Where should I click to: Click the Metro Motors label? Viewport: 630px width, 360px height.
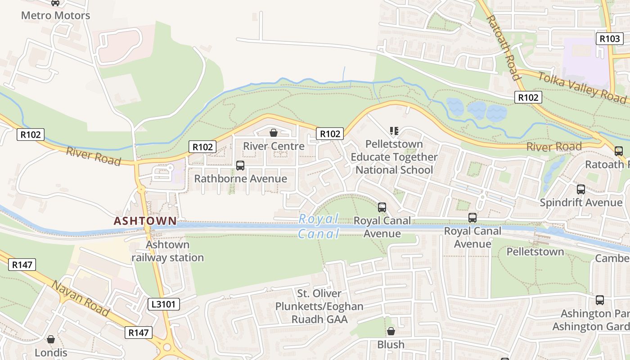55,15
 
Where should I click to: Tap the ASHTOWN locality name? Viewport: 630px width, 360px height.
145,221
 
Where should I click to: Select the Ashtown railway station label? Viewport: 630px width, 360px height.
167,251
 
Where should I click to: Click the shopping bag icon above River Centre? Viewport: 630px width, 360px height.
273,133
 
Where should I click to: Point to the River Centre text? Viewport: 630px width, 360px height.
274,146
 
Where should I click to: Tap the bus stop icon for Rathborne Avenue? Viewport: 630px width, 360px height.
240,166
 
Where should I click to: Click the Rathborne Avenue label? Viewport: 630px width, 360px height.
240,179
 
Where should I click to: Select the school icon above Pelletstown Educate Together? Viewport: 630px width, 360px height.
394,131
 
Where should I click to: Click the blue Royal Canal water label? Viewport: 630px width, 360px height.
319,226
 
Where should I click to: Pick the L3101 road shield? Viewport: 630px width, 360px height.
164,304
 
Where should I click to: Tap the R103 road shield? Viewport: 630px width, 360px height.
609,39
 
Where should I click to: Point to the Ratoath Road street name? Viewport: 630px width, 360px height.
504,48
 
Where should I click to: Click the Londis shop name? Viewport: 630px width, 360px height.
51,352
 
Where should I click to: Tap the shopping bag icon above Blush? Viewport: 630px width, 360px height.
391,331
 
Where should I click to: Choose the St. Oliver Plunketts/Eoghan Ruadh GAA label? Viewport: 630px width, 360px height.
319,306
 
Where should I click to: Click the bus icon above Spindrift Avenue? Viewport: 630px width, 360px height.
581,189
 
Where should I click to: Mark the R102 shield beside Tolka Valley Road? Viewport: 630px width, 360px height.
528,97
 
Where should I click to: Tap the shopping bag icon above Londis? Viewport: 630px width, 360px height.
51,339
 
